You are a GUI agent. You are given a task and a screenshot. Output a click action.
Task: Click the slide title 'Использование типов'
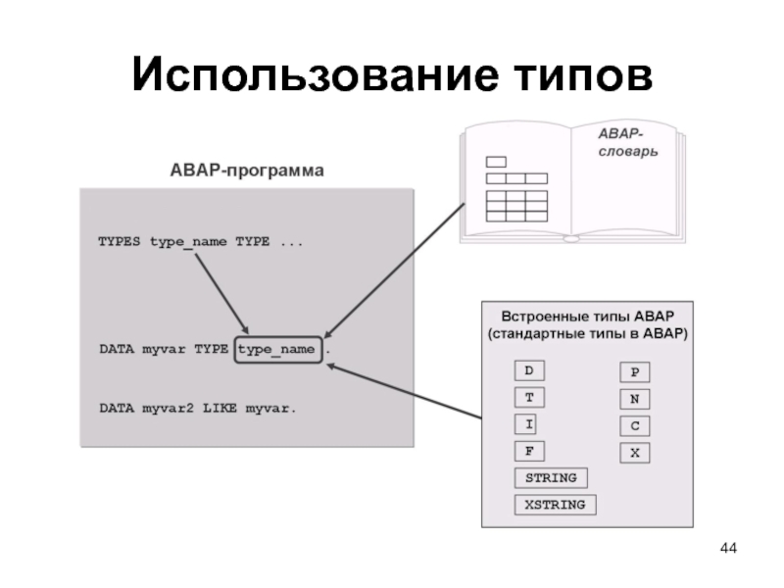pos(392,75)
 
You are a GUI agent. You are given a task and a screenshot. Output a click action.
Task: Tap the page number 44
pos(727,546)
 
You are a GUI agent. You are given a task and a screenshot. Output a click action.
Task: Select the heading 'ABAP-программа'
pos(247,171)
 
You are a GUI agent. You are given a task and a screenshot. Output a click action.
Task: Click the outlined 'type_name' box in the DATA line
pos(277,349)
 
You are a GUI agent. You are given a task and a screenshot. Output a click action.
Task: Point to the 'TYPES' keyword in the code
pos(120,241)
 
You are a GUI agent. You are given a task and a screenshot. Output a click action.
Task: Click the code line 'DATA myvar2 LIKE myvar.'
pos(197,408)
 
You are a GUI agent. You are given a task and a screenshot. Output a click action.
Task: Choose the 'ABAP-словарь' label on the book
pos(627,143)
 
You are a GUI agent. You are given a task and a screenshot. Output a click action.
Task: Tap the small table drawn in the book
pos(516,196)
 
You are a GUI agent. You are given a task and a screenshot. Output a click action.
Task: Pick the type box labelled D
pos(529,371)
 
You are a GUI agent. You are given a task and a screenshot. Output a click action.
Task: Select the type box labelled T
pos(529,398)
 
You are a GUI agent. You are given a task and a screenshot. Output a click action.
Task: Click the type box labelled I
pos(529,424)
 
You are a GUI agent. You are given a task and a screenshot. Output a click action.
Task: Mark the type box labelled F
pos(529,451)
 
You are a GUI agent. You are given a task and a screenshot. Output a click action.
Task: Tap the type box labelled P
pos(635,373)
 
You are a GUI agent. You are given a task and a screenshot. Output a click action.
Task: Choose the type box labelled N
pos(635,400)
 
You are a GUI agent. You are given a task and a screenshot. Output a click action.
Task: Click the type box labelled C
pos(635,426)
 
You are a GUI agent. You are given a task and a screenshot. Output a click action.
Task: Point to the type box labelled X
pos(635,453)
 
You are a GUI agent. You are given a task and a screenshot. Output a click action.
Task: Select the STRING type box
pos(551,478)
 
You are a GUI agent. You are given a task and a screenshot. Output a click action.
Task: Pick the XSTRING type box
pos(555,505)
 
